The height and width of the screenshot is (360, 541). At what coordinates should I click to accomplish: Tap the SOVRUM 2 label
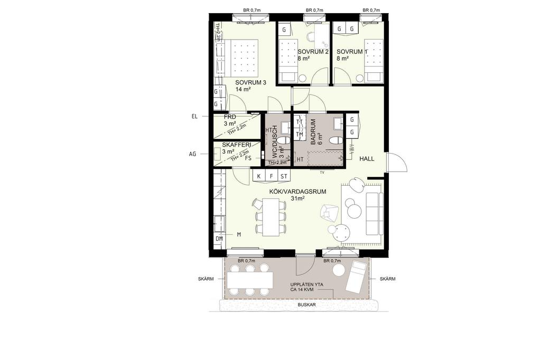pos(313,52)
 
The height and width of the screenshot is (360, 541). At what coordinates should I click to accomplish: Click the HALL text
pos(367,159)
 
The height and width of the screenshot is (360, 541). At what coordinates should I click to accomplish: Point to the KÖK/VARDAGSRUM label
pos(298,192)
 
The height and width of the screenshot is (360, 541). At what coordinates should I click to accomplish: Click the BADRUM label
pos(313,132)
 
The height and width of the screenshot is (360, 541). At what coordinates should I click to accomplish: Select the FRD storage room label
pos(230,117)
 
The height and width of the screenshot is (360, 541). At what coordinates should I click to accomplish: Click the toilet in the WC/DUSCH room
pos(284,141)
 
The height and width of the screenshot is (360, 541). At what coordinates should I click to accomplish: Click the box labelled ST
pos(284,176)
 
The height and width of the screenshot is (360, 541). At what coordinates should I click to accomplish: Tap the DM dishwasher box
pos(219,239)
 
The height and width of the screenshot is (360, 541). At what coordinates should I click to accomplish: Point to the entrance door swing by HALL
pos(397,162)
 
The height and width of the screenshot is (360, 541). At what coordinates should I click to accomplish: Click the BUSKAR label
pos(307,305)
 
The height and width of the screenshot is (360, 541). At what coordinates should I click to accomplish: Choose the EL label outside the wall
pos(194,117)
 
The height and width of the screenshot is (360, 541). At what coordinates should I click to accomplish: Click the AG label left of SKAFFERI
pos(192,154)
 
